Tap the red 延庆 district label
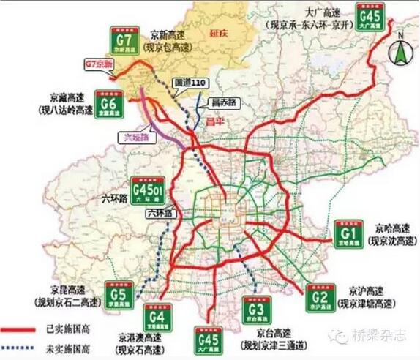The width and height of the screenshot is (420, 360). [x=220, y=32]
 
